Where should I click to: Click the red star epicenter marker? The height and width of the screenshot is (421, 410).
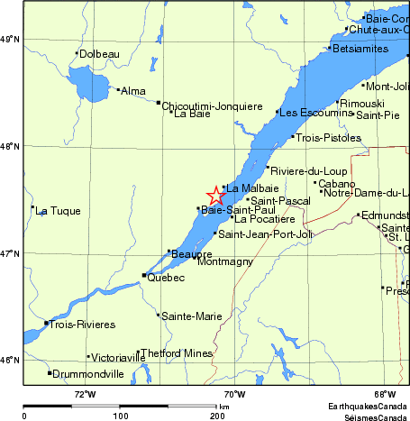click(x=216, y=196)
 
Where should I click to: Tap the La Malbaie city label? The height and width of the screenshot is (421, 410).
click(x=244, y=188)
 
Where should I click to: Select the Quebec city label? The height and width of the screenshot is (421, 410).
click(x=166, y=277)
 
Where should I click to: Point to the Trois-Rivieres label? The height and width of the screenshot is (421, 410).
click(x=83, y=324)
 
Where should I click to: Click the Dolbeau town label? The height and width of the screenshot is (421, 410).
click(x=99, y=54)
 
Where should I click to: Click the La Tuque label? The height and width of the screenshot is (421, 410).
click(x=59, y=211)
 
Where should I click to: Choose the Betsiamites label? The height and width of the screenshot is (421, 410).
click(x=362, y=48)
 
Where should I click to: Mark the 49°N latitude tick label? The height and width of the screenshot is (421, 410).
click(x=11, y=39)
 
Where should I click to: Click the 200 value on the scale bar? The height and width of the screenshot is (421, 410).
click(x=217, y=416)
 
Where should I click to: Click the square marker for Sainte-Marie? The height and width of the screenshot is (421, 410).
click(x=159, y=315)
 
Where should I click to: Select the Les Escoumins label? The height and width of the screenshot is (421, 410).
click(x=314, y=114)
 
